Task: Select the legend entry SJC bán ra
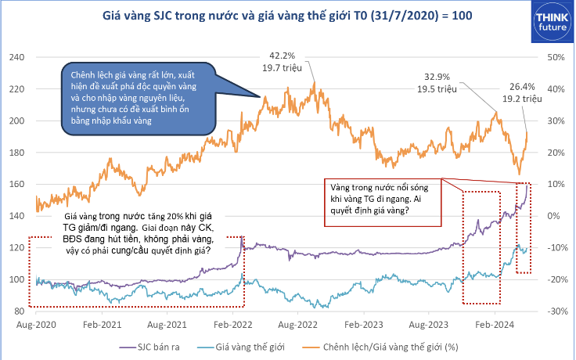(149, 344)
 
